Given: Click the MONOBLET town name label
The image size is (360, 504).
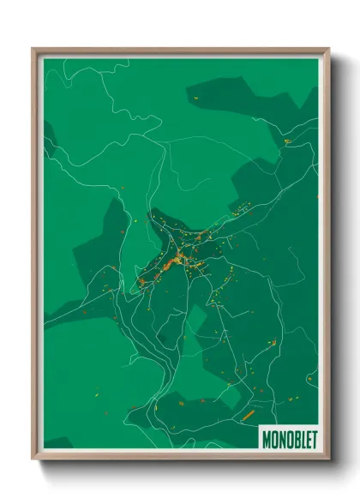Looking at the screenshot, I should (x=288, y=438).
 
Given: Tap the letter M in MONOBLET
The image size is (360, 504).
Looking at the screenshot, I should (x=266, y=438).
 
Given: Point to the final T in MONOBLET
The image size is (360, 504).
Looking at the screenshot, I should (x=313, y=438).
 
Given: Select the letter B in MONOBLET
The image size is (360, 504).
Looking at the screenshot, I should (x=293, y=438).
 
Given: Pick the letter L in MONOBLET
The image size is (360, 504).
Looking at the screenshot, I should (x=300, y=438).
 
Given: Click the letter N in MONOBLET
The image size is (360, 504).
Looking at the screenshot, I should (x=279, y=438).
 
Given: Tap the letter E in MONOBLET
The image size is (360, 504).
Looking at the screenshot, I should (x=306, y=438).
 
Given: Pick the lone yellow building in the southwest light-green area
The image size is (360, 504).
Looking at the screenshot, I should (x=97, y=393).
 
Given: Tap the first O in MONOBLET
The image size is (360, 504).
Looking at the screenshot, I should (x=273, y=438).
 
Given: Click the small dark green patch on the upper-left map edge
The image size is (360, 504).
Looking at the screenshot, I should (x=49, y=137).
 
